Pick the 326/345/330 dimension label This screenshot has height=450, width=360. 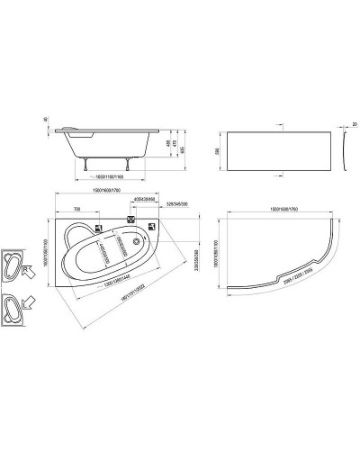[176, 206]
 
